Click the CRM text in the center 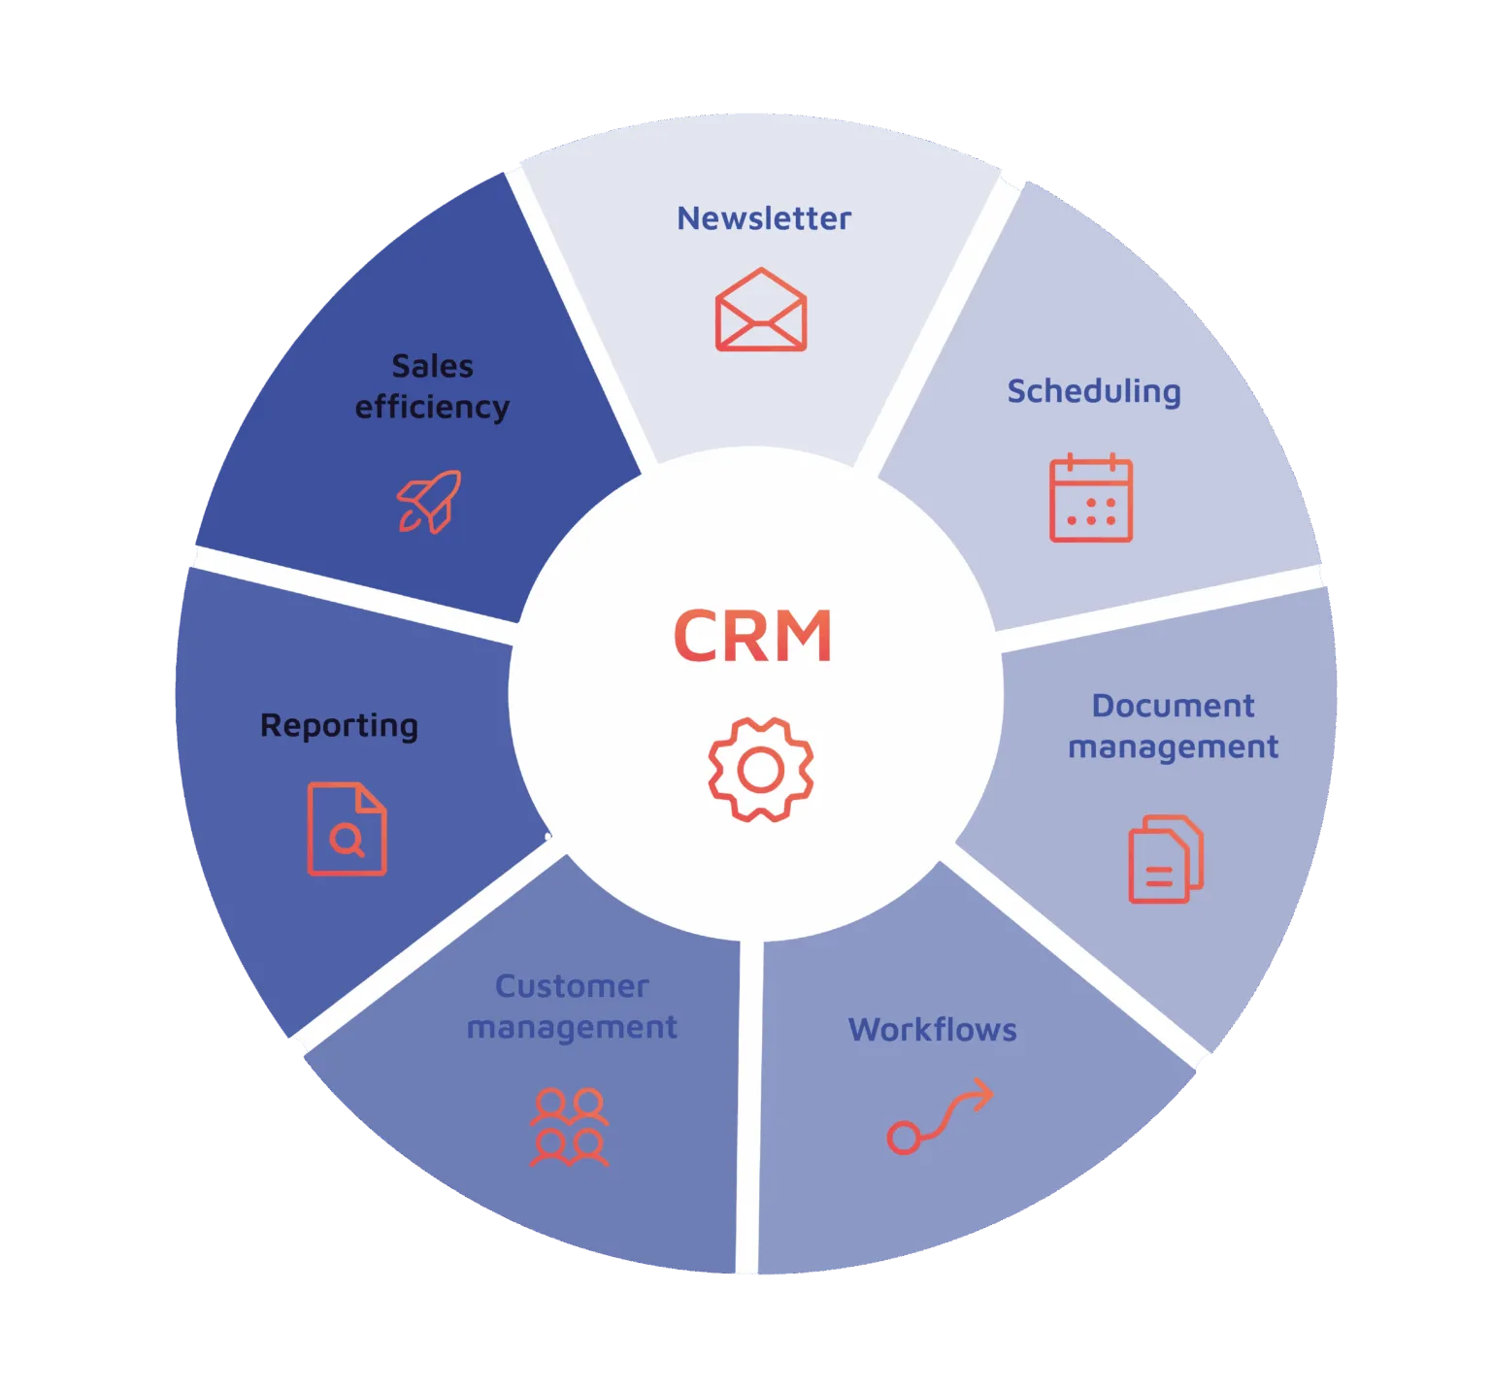(752, 637)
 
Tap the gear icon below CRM (761, 770)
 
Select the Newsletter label (764, 218)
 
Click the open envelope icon (761, 310)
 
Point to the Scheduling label (1094, 391)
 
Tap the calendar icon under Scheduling (1091, 498)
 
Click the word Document (1173, 706)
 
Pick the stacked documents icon (1165, 859)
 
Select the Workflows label (933, 1029)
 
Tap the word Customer (572, 986)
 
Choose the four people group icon (570, 1127)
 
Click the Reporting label (339, 726)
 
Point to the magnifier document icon (347, 829)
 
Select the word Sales (432, 366)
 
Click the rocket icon (429, 501)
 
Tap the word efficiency (432, 408)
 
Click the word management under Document (1173, 747)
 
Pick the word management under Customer (572, 1027)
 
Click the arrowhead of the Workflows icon (982, 1094)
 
